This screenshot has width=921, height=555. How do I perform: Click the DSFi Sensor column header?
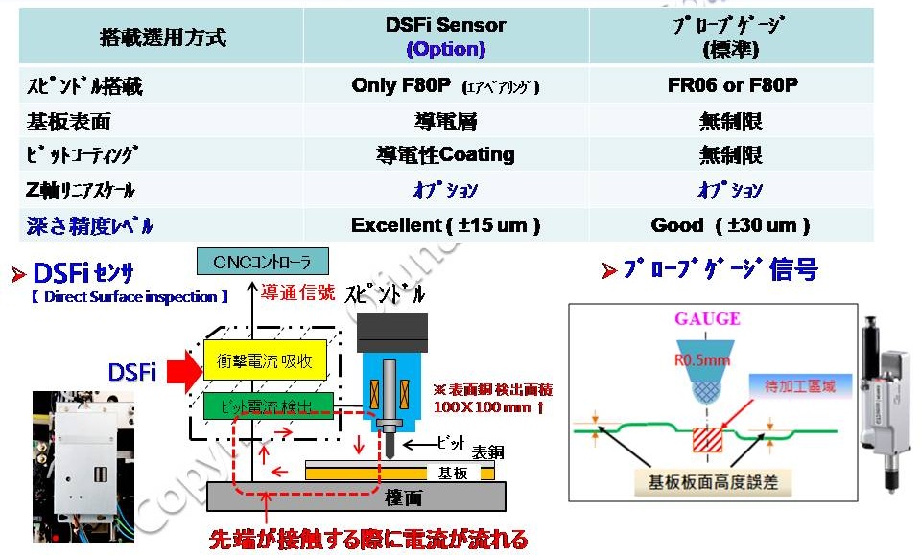[445, 35]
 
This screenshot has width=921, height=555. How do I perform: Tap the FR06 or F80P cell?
[732, 85]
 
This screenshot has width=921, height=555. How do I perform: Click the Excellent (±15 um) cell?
[445, 225]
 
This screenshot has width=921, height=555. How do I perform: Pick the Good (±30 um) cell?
[731, 225]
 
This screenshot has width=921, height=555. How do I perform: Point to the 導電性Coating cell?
[445, 154]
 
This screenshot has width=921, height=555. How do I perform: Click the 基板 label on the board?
[452, 473]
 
